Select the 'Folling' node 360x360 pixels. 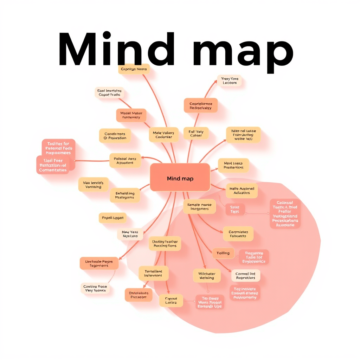point(223,253)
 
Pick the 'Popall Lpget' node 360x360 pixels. point(112,218)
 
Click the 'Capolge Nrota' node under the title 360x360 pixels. point(134,69)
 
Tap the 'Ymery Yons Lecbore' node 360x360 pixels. point(230,81)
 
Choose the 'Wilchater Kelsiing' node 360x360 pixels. point(207,276)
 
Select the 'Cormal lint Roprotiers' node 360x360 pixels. point(245,276)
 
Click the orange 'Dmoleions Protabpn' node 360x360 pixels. point(139,295)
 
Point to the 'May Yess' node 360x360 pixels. point(130,234)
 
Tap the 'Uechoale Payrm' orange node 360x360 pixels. point(99,264)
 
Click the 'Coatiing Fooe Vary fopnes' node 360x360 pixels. point(95,289)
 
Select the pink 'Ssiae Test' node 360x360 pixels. point(234,210)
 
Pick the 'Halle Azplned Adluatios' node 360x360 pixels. point(242,191)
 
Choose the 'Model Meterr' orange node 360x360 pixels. point(131,115)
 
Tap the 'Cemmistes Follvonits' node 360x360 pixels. point(238,234)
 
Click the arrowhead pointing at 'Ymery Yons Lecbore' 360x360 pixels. point(215,82)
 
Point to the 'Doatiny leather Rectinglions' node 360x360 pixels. point(165,244)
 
